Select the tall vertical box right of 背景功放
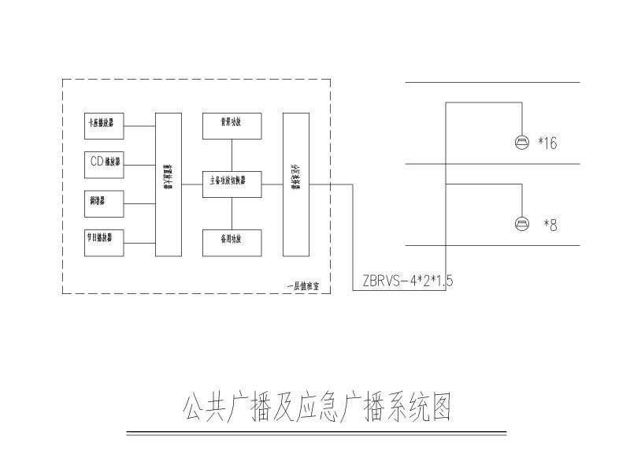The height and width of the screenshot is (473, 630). tap(296, 184)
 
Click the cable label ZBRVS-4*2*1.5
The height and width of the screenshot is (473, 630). tap(408, 280)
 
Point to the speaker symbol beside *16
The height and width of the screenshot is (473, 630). tap(521, 142)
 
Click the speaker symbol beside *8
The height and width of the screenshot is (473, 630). tap(521, 223)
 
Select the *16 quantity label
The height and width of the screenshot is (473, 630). tap(547, 143)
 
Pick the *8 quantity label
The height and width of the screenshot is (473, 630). tap(550, 225)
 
